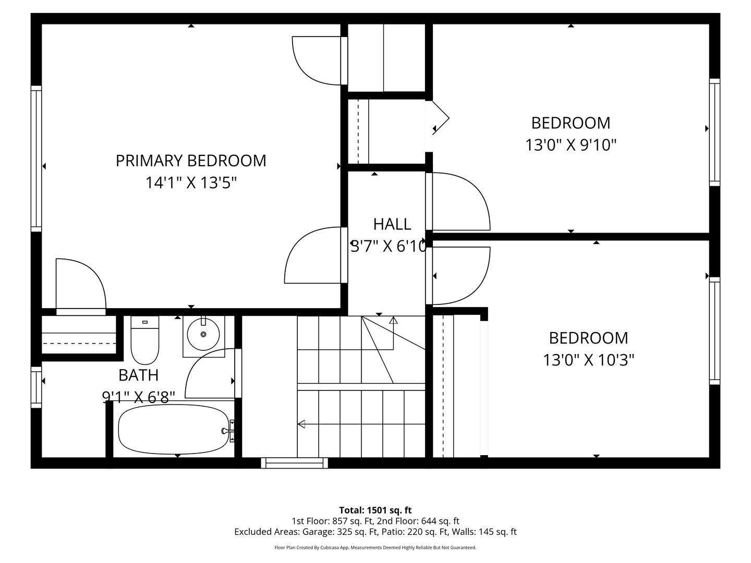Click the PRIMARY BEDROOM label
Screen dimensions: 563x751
(x=191, y=161)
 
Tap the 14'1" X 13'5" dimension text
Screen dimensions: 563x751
(x=191, y=183)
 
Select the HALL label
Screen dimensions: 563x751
(x=392, y=224)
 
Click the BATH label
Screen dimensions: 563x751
(x=138, y=375)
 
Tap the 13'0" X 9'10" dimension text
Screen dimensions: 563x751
(x=571, y=144)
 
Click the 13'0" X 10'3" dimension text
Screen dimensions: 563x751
(x=588, y=360)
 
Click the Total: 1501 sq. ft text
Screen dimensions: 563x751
(x=375, y=510)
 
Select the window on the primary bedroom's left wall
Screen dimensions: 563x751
(x=36, y=158)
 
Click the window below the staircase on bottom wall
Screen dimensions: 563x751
(x=294, y=462)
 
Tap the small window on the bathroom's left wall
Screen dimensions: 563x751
(x=36, y=387)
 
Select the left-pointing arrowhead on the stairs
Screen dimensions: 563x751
(x=301, y=424)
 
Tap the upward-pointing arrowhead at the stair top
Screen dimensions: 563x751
(x=393, y=320)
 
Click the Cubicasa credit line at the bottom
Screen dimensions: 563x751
(x=375, y=547)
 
